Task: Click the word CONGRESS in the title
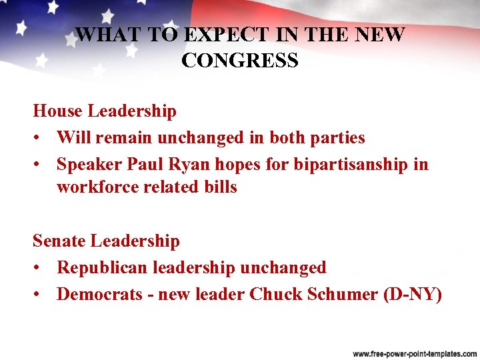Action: point(239,61)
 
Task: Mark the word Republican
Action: point(103,267)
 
